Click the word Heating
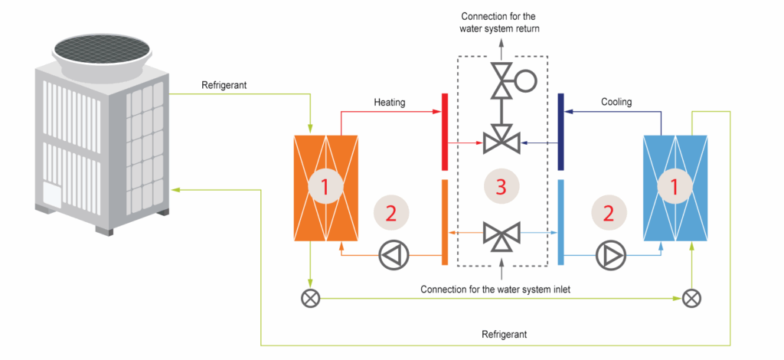click(x=390, y=102)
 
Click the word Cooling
click(x=616, y=102)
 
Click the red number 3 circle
click(x=501, y=185)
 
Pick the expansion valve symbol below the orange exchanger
click(x=310, y=298)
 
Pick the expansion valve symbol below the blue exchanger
click(x=691, y=298)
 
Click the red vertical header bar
click(x=444, y=132)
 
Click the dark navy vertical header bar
click(x=560, y=132)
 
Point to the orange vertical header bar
click(x=444, y=222)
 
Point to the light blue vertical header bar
click(x=560, y=222)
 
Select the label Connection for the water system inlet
click(x=501, y=290)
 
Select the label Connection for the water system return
click(x=501, y=21)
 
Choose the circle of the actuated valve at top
click(x=526, y=80)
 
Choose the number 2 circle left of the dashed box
click(x=391, y=214)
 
